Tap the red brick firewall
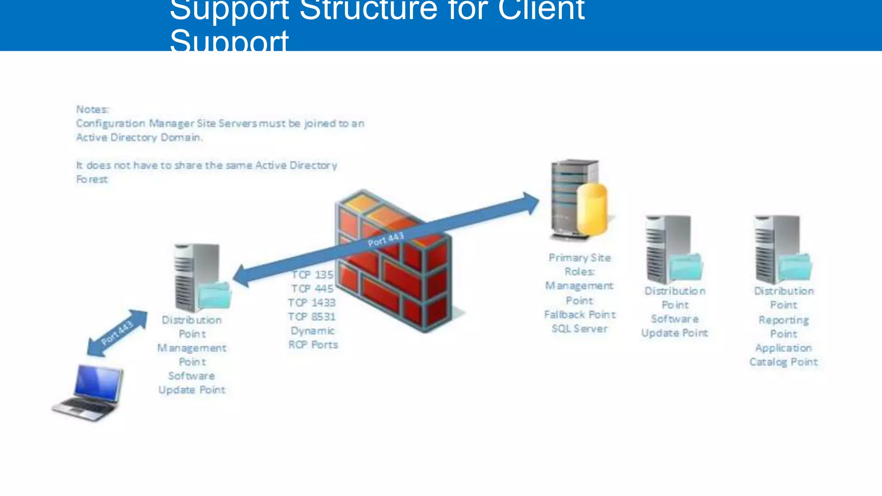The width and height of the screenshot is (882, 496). [x=394, y=267]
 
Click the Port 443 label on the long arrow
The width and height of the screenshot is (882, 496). [x=385, y=239]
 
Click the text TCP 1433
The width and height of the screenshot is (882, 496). [x=312, y=303]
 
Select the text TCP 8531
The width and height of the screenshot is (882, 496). [x=312, y=317]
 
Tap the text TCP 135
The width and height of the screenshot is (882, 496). [x=313, y=275]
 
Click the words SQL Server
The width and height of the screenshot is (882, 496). [x=580, y=329]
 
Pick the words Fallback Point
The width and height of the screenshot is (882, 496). [x=580, y=315]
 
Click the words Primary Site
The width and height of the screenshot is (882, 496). [x=580, y=258]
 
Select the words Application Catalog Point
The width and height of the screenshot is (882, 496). [x=783, y=355]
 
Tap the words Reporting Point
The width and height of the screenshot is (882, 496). [x=783, y=327]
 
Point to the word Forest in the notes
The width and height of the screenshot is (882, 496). [x=92, y=180]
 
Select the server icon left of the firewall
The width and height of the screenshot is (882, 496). [x=197, y=278]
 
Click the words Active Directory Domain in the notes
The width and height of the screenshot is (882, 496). [x=139, y=138]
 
